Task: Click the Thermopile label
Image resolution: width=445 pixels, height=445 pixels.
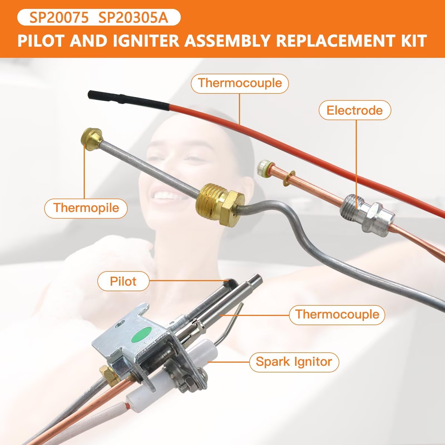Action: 86,208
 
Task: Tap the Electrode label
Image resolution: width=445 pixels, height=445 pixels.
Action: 355,110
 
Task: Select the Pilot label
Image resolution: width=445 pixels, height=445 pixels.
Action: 123,281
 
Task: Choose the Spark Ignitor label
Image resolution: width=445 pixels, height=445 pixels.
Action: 294,362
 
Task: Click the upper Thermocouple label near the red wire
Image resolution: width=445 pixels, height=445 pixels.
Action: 240,83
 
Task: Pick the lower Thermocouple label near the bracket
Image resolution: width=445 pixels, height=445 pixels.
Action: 337,315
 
